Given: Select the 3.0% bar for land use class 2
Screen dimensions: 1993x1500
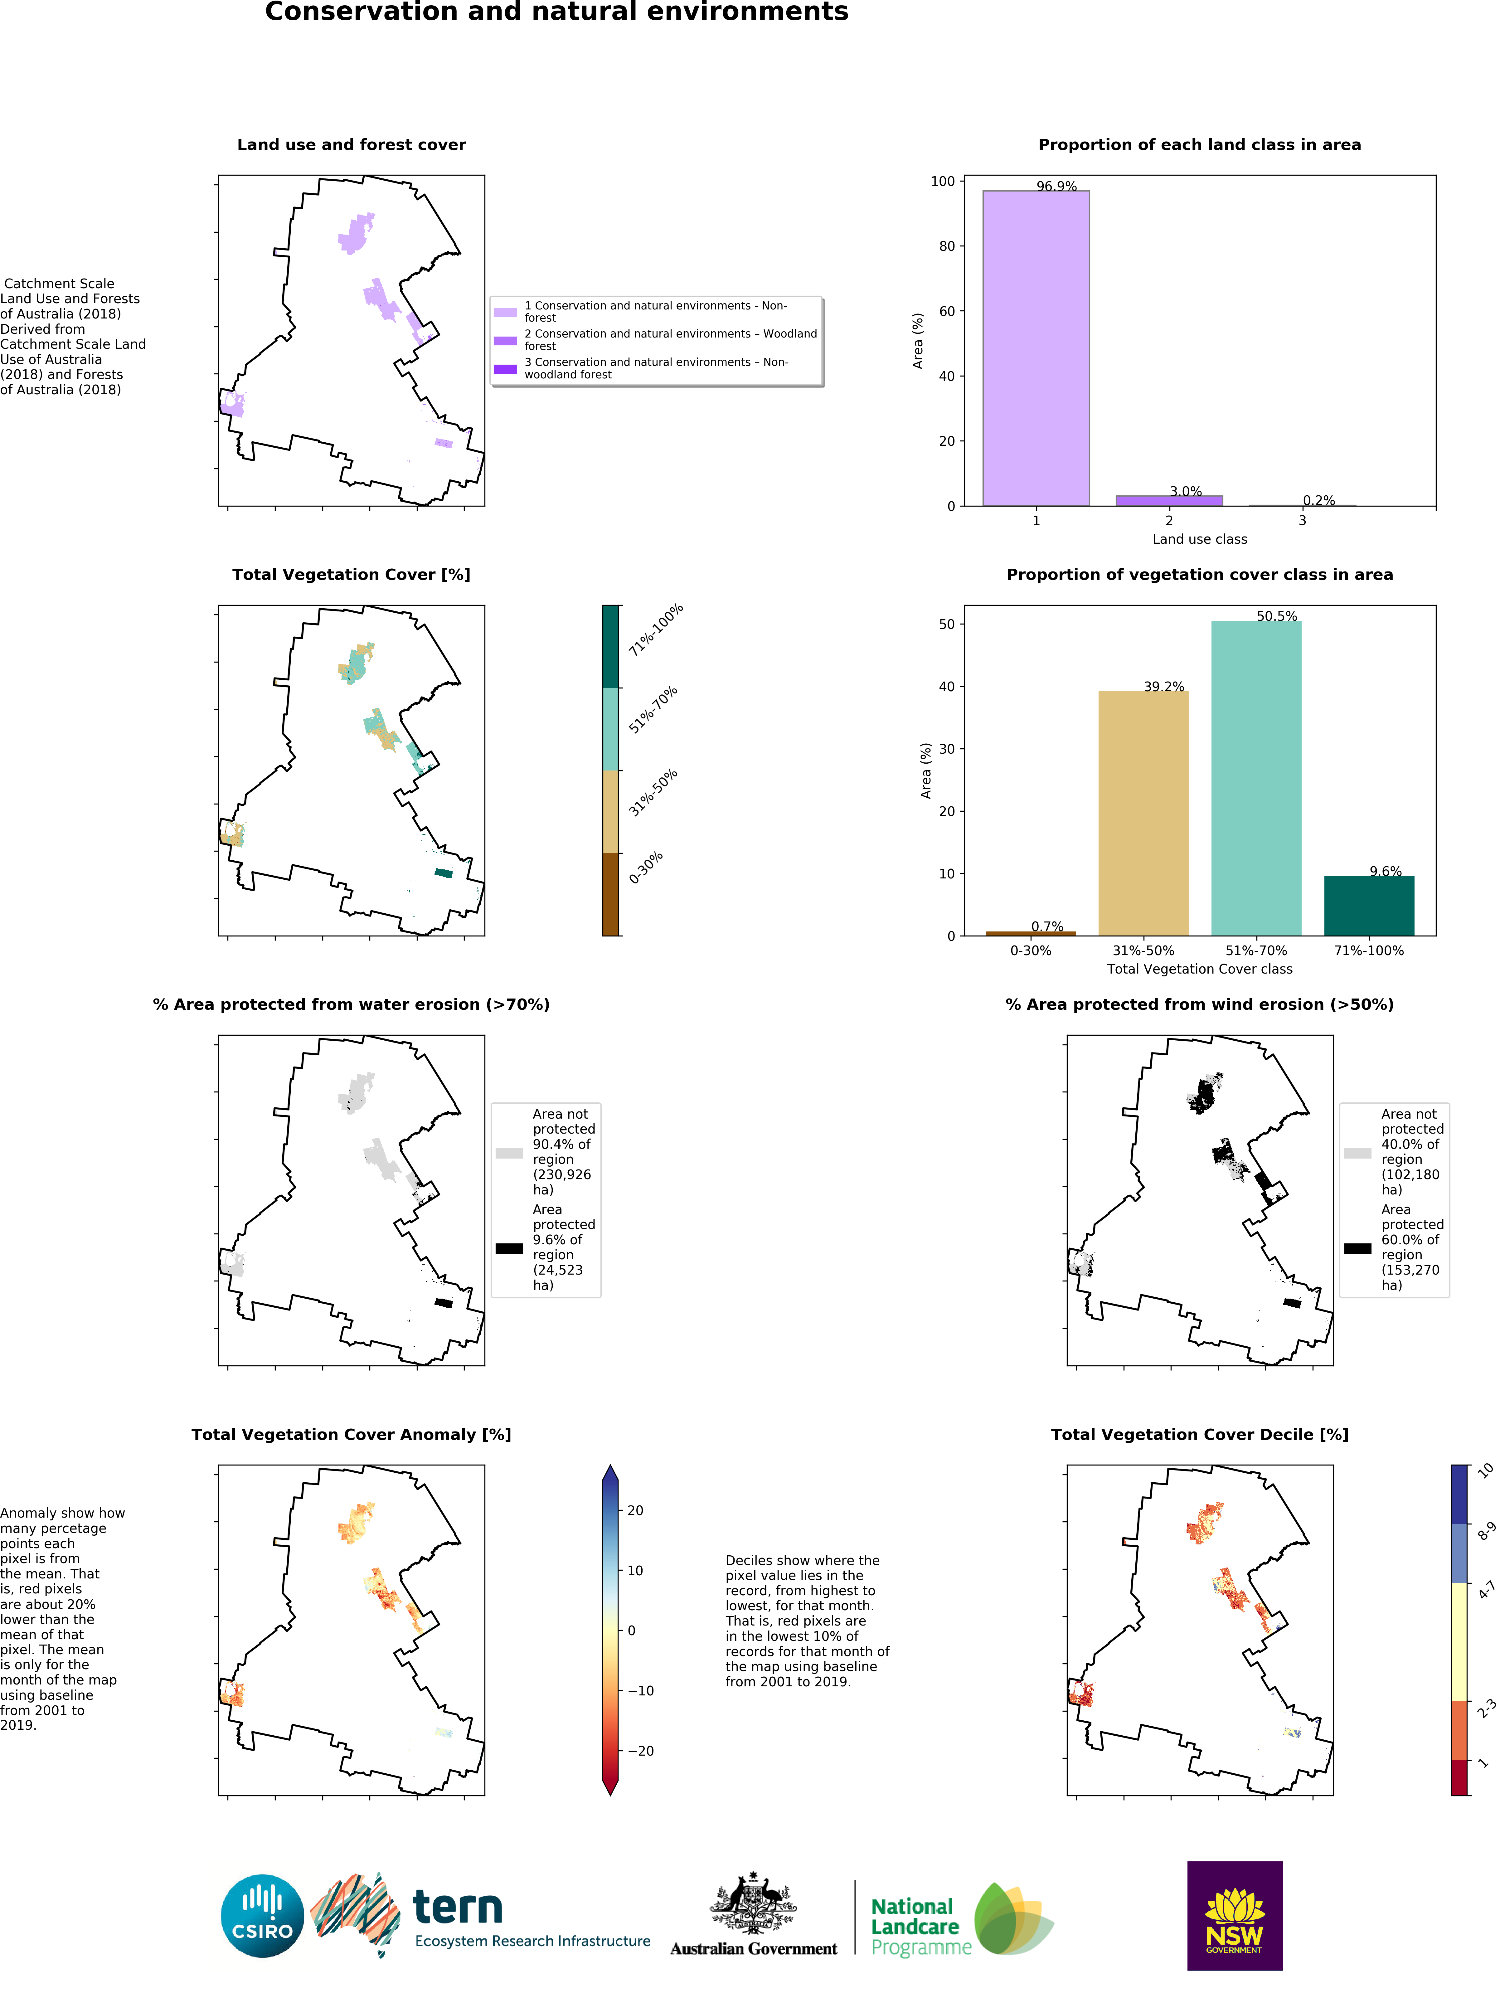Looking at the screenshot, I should click(1168, 500).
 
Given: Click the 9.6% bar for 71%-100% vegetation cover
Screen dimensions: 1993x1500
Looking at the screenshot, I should click(1368, 906).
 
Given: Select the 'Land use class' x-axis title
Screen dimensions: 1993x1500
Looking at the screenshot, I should click(1199, 539).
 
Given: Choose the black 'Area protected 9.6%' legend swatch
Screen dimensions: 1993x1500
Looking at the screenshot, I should click(509, 1248).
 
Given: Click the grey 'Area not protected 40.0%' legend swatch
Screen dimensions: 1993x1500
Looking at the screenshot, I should click(1358, 1152).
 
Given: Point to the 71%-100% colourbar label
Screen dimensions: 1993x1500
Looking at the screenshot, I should click(656, 629).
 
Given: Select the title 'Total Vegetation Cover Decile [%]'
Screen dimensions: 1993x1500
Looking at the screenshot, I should click(1199, 1434).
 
